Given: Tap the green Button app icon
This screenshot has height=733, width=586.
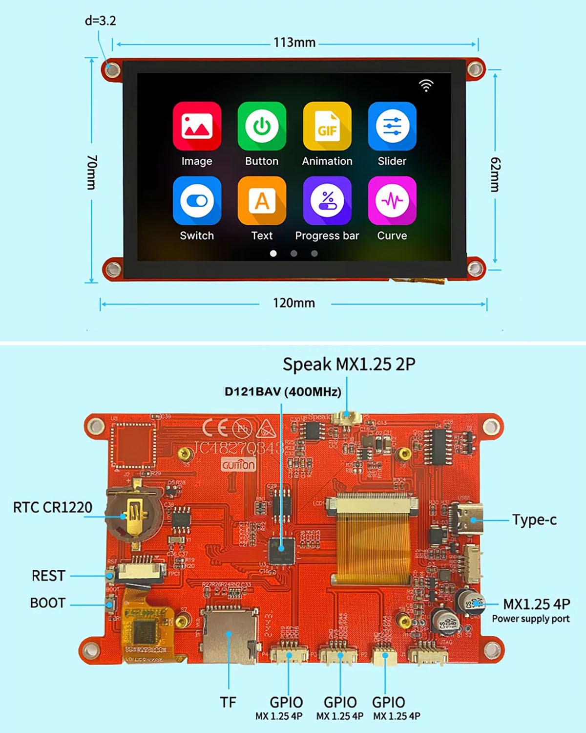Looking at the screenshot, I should click(262, 126).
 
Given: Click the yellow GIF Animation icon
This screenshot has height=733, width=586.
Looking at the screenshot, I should click(327, 126).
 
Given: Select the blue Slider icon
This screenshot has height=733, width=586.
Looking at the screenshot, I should click(392, 126).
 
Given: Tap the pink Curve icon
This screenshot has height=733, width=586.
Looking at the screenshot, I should click(392, 200).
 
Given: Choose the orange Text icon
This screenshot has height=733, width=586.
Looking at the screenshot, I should click(262, 200).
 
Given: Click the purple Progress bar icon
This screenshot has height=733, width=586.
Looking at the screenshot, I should click(327, 200).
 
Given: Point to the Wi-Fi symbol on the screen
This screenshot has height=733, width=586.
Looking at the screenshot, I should click(426, 86).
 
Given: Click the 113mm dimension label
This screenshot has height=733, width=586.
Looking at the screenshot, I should click(294, 43).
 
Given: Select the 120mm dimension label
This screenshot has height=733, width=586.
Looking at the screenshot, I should click(294, 303).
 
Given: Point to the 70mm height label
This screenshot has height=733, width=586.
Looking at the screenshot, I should click(92, 172).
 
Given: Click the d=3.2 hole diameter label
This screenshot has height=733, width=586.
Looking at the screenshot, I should click(100, 21).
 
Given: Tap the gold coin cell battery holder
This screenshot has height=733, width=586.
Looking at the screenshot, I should click(134, 513).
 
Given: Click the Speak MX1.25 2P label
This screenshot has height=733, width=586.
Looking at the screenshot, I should click(349, 365).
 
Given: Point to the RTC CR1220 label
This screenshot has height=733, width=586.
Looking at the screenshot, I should click(53, 508).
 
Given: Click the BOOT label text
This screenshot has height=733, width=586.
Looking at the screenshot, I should click(48, 603).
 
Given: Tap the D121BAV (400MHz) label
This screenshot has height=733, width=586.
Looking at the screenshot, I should click(283, 392).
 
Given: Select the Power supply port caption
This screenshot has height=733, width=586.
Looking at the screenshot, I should click(531, 619).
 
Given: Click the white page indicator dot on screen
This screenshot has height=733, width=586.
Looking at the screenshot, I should click(273, 253).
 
